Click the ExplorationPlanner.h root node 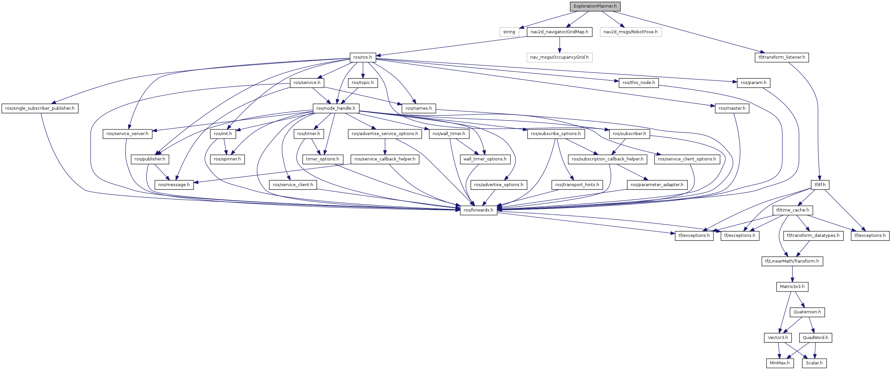[595, 6]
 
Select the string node [509, 32]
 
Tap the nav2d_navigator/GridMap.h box [559, 32]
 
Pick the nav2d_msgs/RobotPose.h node [630, 32]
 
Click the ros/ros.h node [362, 57]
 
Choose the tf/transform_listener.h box [781, 57]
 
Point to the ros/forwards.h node [478, 210]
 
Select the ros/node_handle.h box [336, 108]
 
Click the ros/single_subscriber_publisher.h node [40, 108]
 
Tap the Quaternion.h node [807, 312]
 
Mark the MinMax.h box [779, 363]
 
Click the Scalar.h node [814, 363]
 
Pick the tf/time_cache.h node [792, 210]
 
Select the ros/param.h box [753, 83]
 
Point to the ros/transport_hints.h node [577, 185]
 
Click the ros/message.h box [174, 185]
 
